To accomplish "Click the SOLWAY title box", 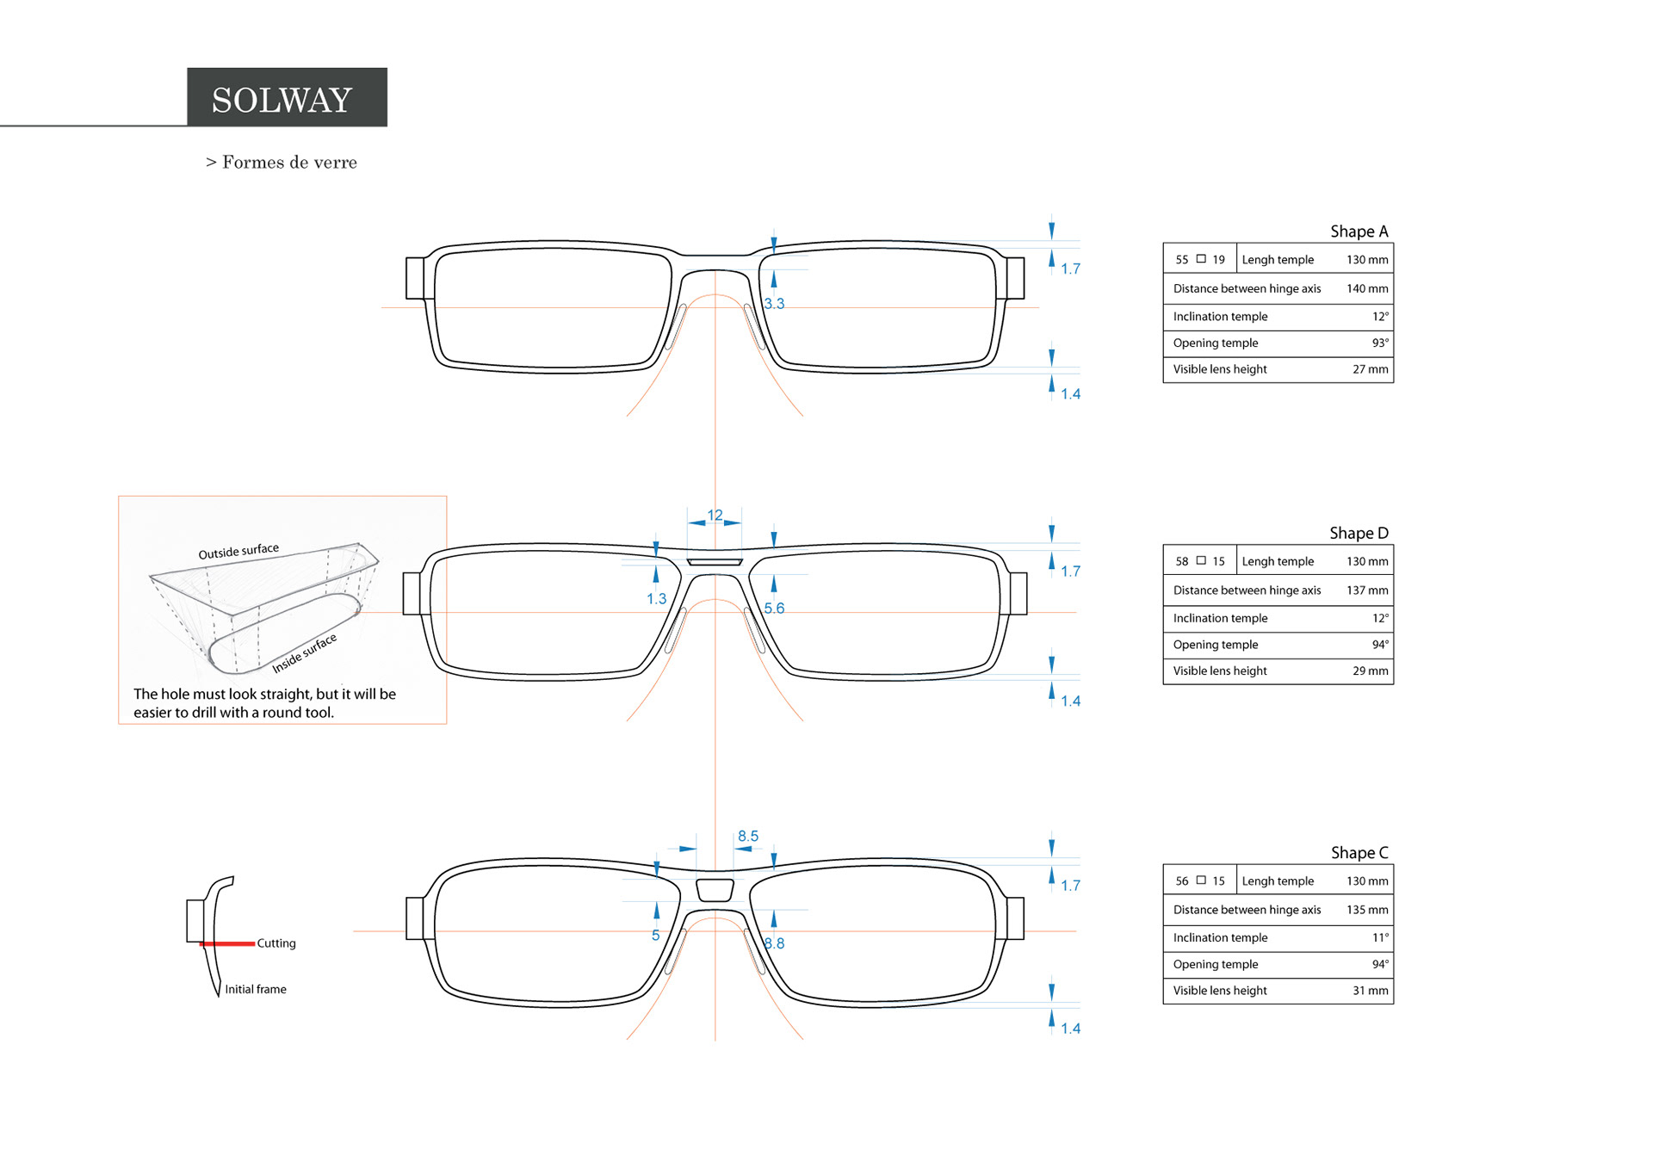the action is click(x=287, y=97).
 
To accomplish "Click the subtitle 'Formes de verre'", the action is click(x=288, y=162).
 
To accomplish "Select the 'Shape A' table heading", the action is click(x=1359, y=232).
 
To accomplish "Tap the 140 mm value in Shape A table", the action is click(x=1366, y=288).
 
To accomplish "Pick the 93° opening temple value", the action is click(x=1379, y=343).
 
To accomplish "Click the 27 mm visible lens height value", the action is click(x=1370, y=369).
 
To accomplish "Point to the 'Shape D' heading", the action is click(x=1359, y=533).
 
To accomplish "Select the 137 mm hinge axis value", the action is click(x=1366, y=590).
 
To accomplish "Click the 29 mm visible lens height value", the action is click(x=1370, y=671).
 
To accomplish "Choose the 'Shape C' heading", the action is click(x=1359, y=852).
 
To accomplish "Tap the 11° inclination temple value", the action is click(x=1379, y=937).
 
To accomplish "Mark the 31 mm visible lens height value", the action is click(x=1370, y=991).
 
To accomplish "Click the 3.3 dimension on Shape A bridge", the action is click(x=774, y=304).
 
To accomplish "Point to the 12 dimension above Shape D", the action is click(x=715, y=515).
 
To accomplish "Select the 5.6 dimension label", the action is click(x=774, y=609).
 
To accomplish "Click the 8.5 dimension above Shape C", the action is click(x=747, y=836).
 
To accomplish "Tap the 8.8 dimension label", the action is click(x=774, y=943).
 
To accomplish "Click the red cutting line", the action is click(x=227, y=944).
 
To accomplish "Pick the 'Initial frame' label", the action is click(x=256, y=989).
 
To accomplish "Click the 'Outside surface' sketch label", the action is click(x=238, y=551).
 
